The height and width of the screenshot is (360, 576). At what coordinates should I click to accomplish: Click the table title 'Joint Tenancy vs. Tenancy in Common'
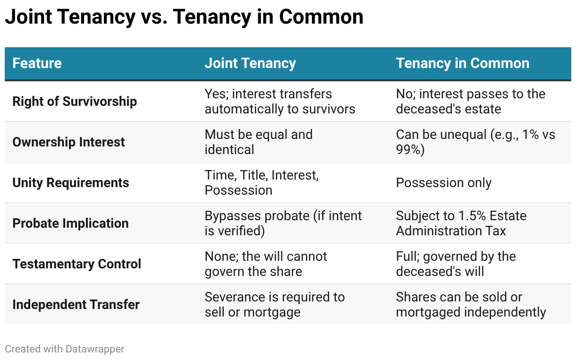point(184,17)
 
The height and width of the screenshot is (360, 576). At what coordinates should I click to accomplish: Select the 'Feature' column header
point(37,63)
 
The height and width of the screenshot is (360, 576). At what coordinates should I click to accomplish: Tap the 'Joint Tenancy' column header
point(250,63)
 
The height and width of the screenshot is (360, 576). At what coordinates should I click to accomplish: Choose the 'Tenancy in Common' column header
point(463,63)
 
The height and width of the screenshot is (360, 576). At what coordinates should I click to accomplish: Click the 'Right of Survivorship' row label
point(75,102)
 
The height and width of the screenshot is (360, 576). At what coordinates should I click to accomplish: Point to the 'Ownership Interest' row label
point(68,142)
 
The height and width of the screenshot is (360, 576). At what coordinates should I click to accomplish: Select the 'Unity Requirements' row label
point(71,183)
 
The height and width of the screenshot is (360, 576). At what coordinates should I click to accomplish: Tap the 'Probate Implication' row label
point(70,223)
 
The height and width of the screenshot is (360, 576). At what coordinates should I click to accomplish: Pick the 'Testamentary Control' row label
point(77,264)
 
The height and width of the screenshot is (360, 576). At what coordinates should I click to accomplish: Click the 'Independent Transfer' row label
point(76,305)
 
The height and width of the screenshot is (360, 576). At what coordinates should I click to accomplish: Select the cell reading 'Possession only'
point(444,183)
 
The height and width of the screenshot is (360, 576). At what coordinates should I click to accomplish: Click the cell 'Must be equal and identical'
point(258,142)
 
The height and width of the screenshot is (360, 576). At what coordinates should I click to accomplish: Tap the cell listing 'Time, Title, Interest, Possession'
point(262,183)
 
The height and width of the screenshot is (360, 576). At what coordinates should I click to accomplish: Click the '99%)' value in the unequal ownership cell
point(410,149)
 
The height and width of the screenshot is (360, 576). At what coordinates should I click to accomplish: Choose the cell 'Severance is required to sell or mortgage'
point(275,305)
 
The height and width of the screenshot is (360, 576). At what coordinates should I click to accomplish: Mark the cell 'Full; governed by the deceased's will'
point(456,264)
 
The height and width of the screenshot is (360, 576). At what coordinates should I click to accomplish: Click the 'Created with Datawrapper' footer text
point(65,349)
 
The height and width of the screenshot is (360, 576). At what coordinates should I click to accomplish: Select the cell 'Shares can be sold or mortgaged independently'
point(471,305)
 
